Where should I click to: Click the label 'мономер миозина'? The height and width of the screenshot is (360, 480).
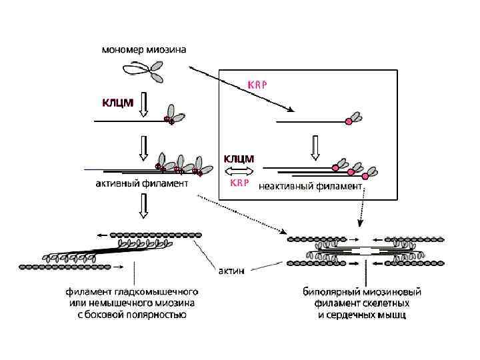143,49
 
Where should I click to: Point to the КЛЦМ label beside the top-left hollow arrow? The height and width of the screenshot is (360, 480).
117,103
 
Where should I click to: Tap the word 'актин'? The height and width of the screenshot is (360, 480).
233,271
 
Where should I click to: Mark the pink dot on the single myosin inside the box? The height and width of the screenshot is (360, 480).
347,121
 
